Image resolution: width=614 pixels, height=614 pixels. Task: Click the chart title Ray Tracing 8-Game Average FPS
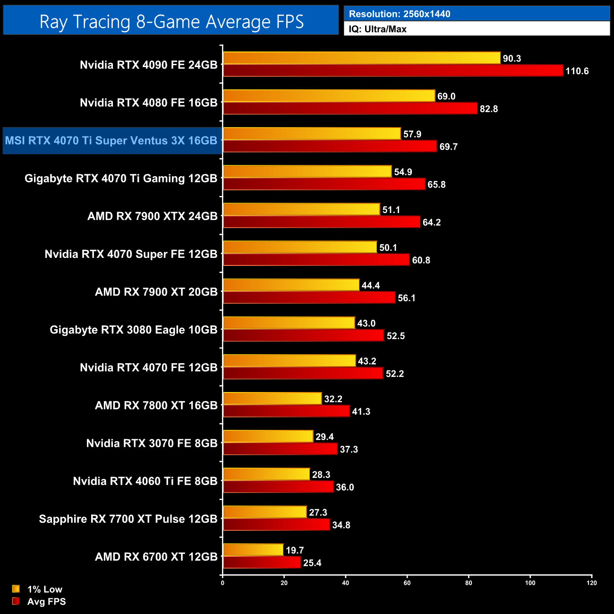(171, 22)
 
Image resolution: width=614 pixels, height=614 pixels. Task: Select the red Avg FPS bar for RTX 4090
(393, 71)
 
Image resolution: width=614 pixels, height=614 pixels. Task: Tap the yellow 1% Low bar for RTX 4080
(329, 96)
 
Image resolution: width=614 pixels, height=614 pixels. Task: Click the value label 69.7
(448, 146)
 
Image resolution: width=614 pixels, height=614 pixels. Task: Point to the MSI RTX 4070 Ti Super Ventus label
(111, 141)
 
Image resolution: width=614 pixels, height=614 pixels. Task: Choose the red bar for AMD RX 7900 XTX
(321, 222)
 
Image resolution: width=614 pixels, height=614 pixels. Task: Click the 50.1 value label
(388, 247)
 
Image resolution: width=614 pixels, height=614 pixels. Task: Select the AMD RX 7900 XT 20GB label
(156, 292)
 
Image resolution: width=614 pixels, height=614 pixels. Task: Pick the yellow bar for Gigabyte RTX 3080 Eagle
(289, 323)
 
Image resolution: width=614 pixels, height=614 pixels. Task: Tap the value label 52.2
(395, 374)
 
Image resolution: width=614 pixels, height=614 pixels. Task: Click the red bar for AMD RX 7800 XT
(286, 411)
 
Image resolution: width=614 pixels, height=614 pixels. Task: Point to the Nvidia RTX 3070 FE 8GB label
(152, 443)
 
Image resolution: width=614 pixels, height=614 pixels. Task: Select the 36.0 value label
(345, 487)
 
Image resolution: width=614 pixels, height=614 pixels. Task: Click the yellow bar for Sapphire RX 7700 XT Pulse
(264, 512)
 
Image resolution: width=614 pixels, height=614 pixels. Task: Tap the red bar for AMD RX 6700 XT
(262, 563)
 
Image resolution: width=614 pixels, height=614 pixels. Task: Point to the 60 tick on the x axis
(407, 583)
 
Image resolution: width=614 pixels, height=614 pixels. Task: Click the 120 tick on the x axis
(592, 583)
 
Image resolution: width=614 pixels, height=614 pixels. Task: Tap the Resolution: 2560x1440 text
(400, 14)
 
